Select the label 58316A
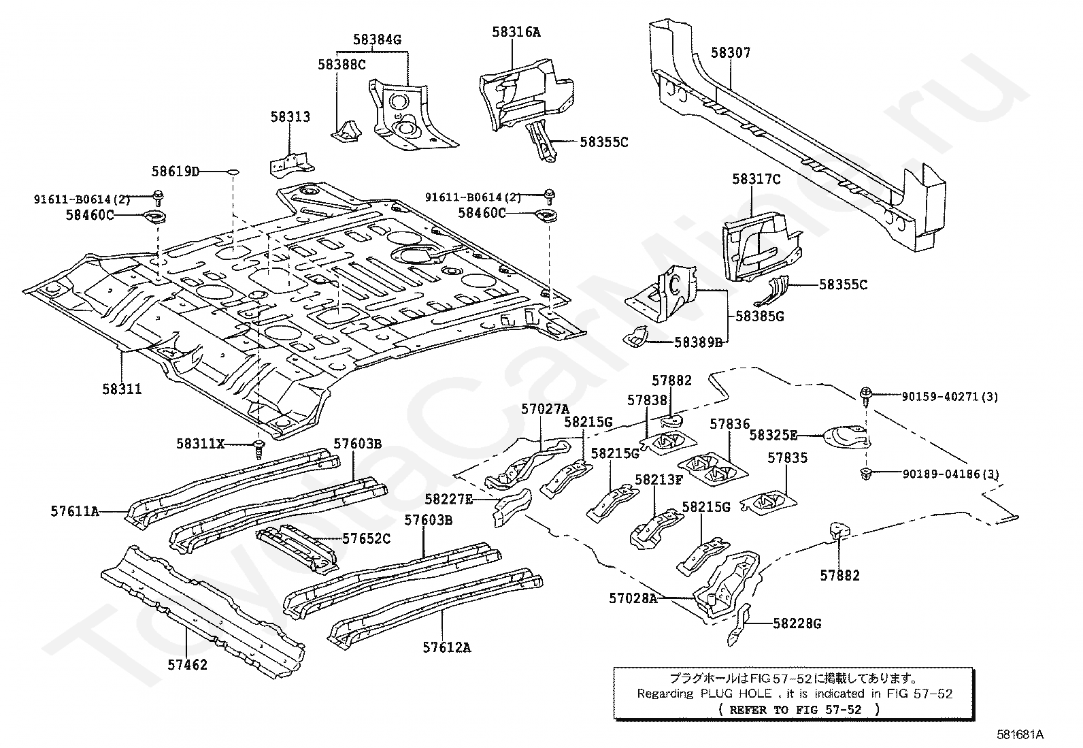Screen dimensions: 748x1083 pyautogui.click(x=516, y=31)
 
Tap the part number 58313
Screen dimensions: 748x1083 pyautogui.click(x=290, y=116)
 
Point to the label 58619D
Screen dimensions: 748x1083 pyautogui.click(x=175, y=172)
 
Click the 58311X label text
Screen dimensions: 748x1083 pyautogui.click(x=200, y=444)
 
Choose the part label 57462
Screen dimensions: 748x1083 pyautogui.click(x=187, y=664)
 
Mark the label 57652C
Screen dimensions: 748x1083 pyautogui.click(x=366, y=538)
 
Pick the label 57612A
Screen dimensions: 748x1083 pyautogui.click(x=446, y=647)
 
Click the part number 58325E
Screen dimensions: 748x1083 pyautogui.click(x=773, y=434)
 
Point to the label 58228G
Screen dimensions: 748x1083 pyautogui.click(x=797, y=623)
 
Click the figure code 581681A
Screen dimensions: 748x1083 pyautogui.click(x=1020, y=734)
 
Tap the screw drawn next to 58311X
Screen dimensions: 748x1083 pyautogui.click(x=259, y=447)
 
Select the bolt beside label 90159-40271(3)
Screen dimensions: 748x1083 pyautogui.click(x=866, y=393)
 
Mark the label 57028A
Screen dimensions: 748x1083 pyautogui.click(x=633, y=598)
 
